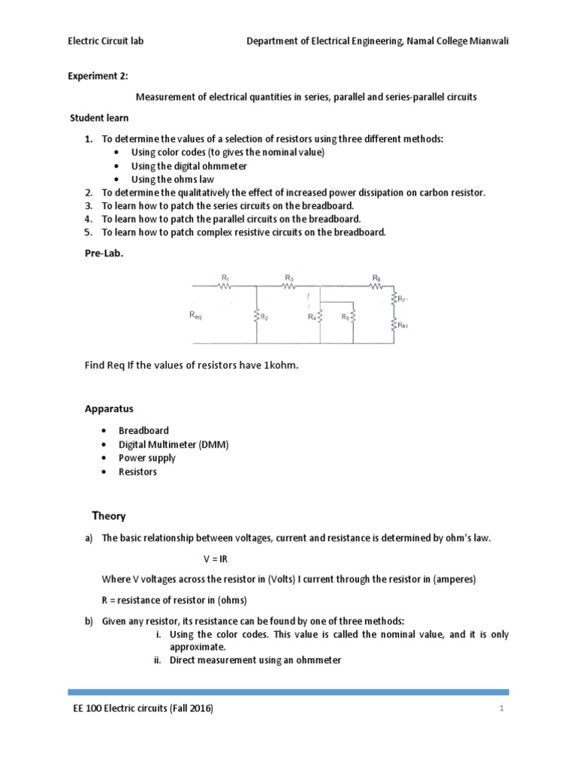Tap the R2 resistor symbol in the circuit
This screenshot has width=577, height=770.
click(x=257, y=317)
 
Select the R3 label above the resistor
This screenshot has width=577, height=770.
click(x=289, y=277)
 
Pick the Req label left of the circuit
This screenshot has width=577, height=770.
click(x=195, y=317)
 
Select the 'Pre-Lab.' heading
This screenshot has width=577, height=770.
click(x=102, y=255)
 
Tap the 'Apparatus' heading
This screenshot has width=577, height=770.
click(x=108, y=409)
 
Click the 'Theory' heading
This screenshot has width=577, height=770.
click(x=109, y=516)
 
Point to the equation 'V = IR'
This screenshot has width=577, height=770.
click(x=215, y=560)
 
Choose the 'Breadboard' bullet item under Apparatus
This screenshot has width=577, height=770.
click(x=143, y=431)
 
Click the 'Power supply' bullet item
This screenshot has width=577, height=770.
click(x=147, y=458)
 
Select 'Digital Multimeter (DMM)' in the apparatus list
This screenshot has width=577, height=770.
click(x=173, y=444)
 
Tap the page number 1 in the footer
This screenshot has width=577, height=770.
click(x=499, y=710)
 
